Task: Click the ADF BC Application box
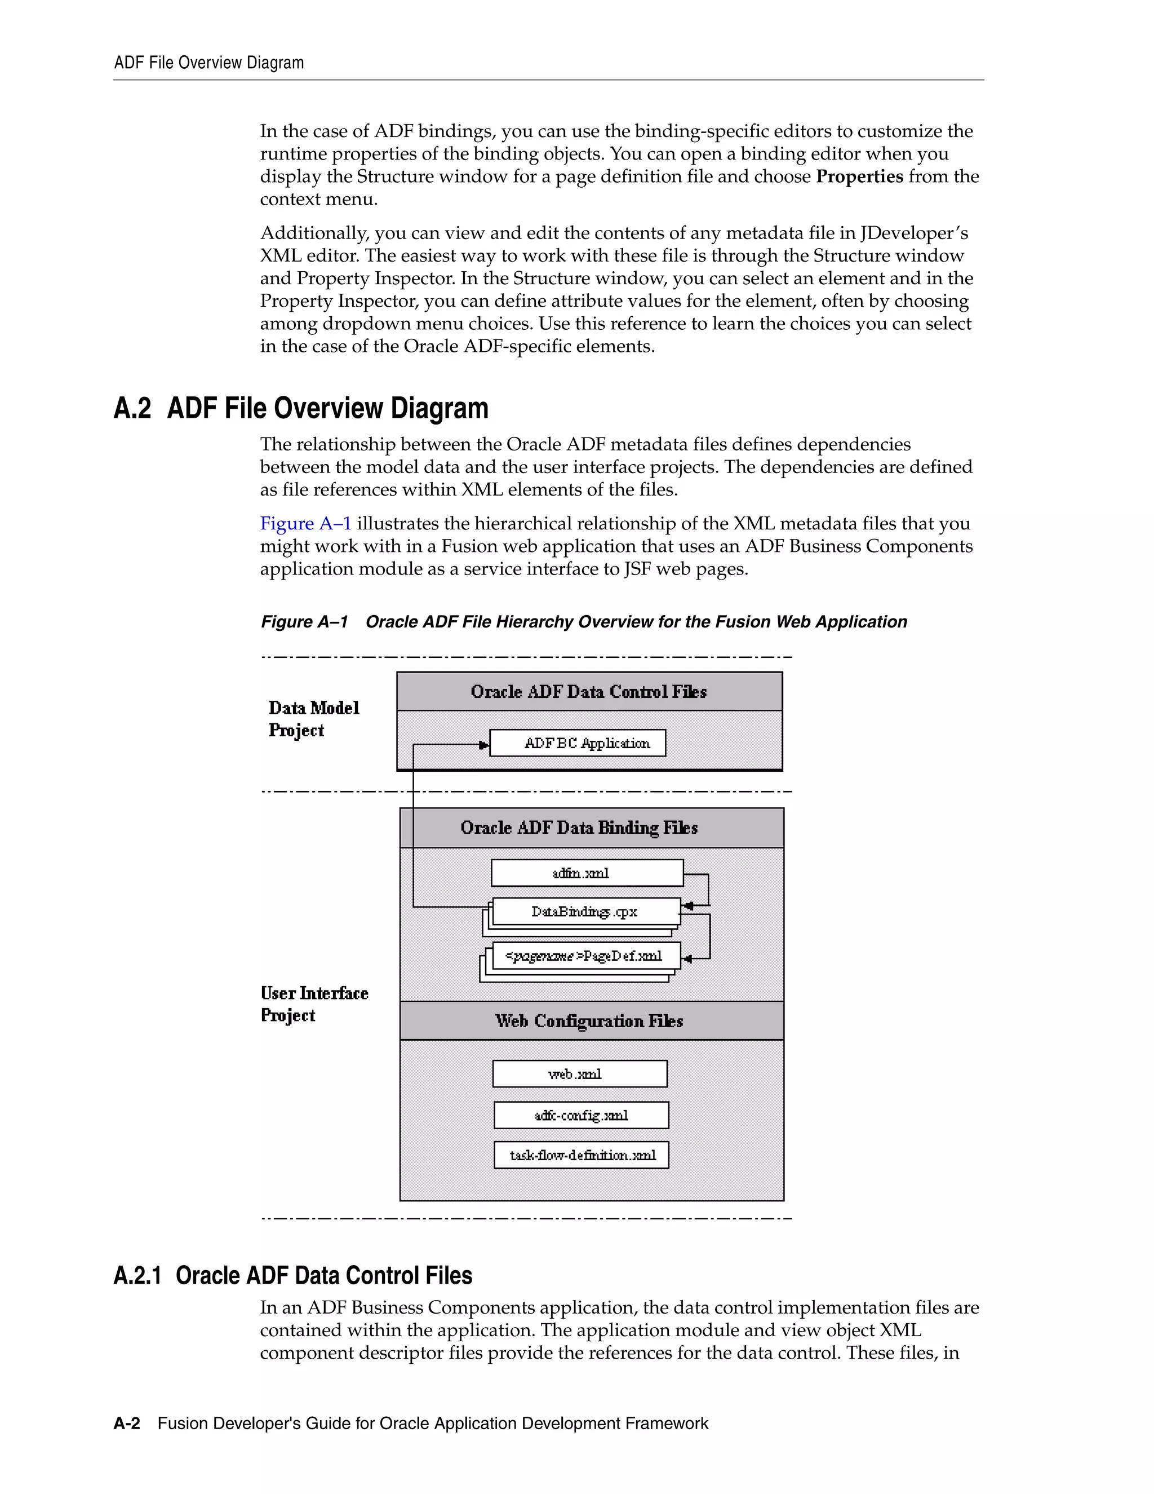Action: (578, 743)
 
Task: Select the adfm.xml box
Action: (587, 873)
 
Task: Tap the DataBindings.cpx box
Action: (586, 911)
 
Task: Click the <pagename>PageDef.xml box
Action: (586, 956)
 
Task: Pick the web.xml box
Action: (579, 1074)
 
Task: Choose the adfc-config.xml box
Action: (581, 1115)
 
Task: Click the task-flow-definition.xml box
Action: (581, 1155)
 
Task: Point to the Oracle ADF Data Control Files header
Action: (589, 692)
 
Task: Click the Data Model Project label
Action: (313, 719)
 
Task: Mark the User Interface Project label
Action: (314, 1004)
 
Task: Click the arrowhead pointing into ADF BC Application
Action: (485, 744)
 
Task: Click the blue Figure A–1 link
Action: (305, 523)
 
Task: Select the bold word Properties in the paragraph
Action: (859, 176)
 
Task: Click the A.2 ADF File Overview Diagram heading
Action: (301, 408)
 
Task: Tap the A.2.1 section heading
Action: (292, 1276)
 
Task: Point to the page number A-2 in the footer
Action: (126, 1424)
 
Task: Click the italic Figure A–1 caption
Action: (583, 622)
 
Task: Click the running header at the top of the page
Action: (208, 63)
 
